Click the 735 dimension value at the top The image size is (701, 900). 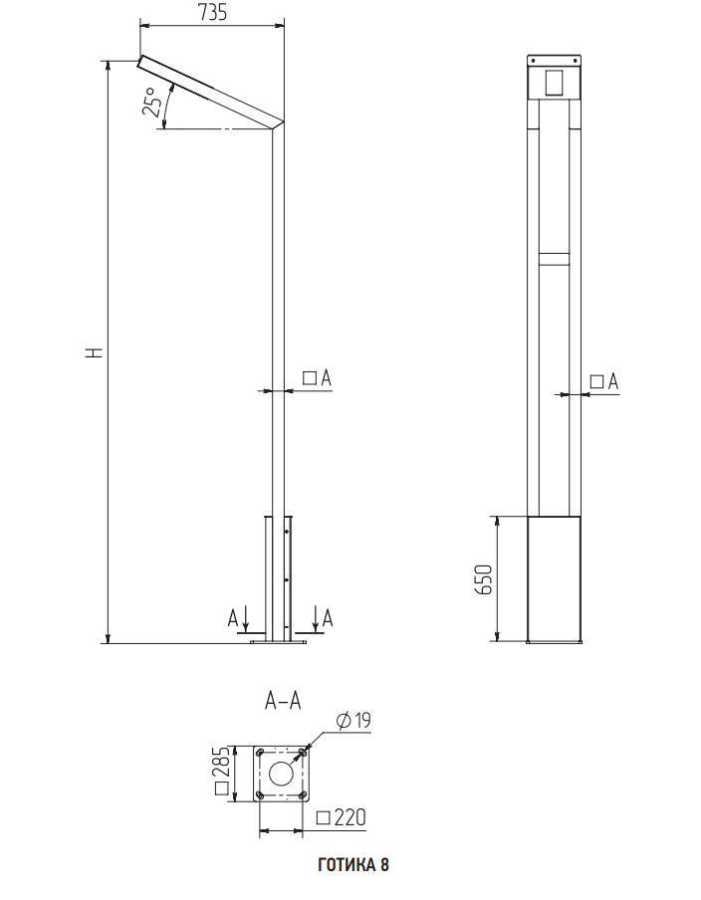pos(212,12)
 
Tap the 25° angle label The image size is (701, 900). pos(151,103)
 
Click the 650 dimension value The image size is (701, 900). pos(484,579)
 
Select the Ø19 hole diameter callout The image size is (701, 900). pos(353,721)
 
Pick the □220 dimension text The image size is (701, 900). pos(341,817)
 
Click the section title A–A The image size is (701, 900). pos(283,700)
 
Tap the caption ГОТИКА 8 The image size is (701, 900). pos(353,864)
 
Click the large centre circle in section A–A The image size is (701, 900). pos(282,774)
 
